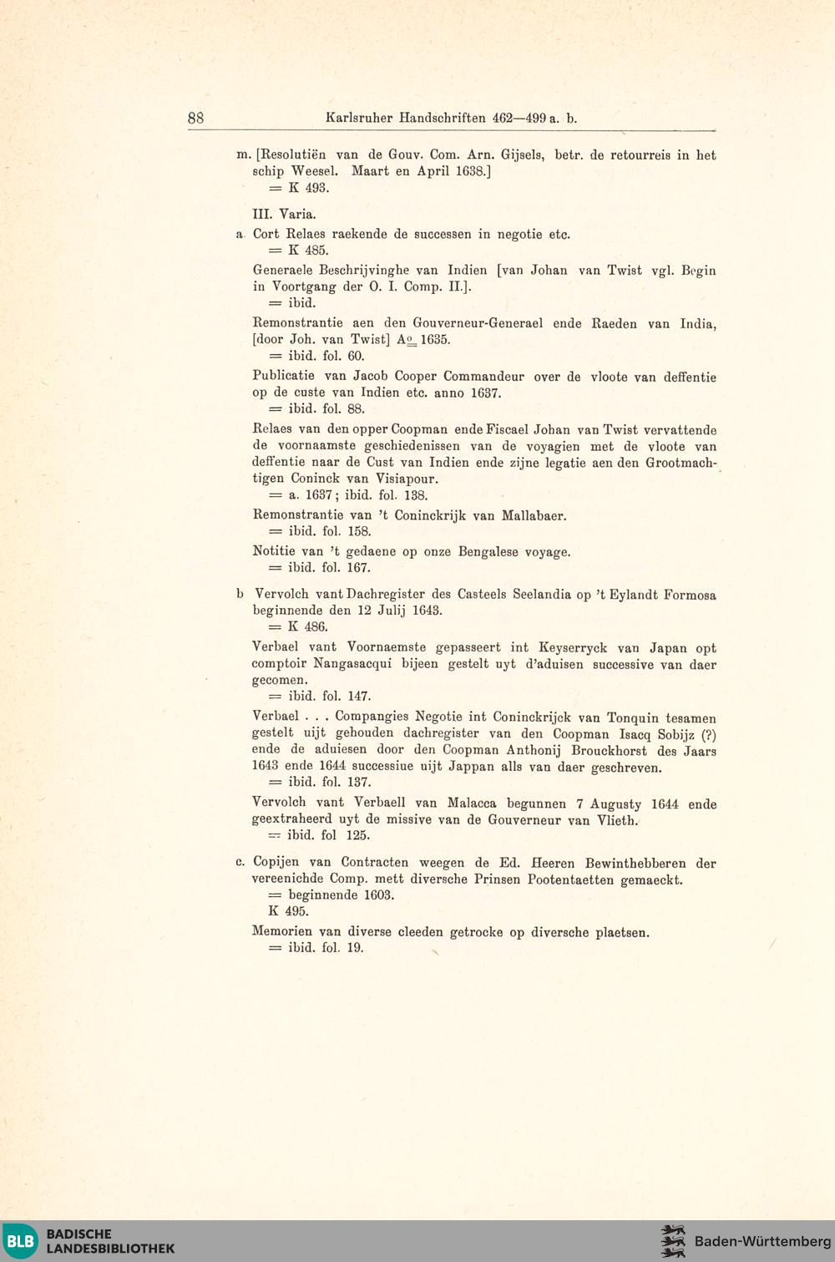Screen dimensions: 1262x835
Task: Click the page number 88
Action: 195,118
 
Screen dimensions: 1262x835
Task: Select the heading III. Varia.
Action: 284,214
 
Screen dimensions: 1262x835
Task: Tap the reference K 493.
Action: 308,188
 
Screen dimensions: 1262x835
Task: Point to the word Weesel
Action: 314,171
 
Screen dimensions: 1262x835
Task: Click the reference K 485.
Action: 308,250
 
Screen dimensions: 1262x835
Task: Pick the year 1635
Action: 435,340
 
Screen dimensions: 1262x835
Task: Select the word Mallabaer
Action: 534,515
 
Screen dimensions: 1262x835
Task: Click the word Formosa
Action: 690,595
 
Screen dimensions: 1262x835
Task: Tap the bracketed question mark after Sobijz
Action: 709,735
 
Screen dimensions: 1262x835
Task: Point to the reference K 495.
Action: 288,911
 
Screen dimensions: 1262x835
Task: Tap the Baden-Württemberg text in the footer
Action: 762,1241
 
